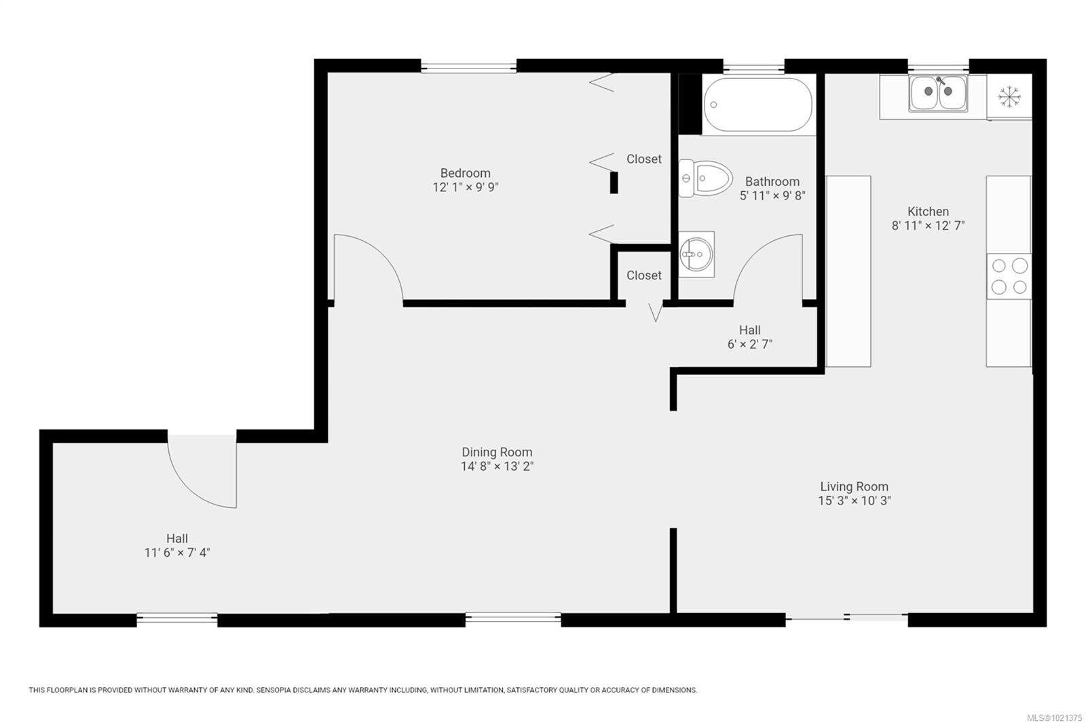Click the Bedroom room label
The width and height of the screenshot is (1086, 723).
(465, 173)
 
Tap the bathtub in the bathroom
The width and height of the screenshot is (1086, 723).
(757, 105)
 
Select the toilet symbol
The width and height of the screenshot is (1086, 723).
(706, 178)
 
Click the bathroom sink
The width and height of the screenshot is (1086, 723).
(696, 254)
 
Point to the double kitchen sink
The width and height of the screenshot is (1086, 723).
(939, 93)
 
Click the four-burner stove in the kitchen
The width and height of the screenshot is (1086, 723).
(1009, 276)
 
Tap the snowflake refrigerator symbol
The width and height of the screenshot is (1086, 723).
(1009, 97)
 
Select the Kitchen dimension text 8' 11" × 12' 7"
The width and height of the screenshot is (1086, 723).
(928, 226)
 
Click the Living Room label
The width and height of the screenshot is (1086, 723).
(854, 486)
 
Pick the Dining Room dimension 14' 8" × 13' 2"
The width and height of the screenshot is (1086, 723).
(497, 467)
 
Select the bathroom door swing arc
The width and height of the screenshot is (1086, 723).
(767, 267)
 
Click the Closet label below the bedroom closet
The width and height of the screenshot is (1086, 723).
(643, 275)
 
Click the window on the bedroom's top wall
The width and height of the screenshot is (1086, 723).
(468, 66)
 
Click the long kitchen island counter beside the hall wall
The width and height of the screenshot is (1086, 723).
(848, 271)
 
